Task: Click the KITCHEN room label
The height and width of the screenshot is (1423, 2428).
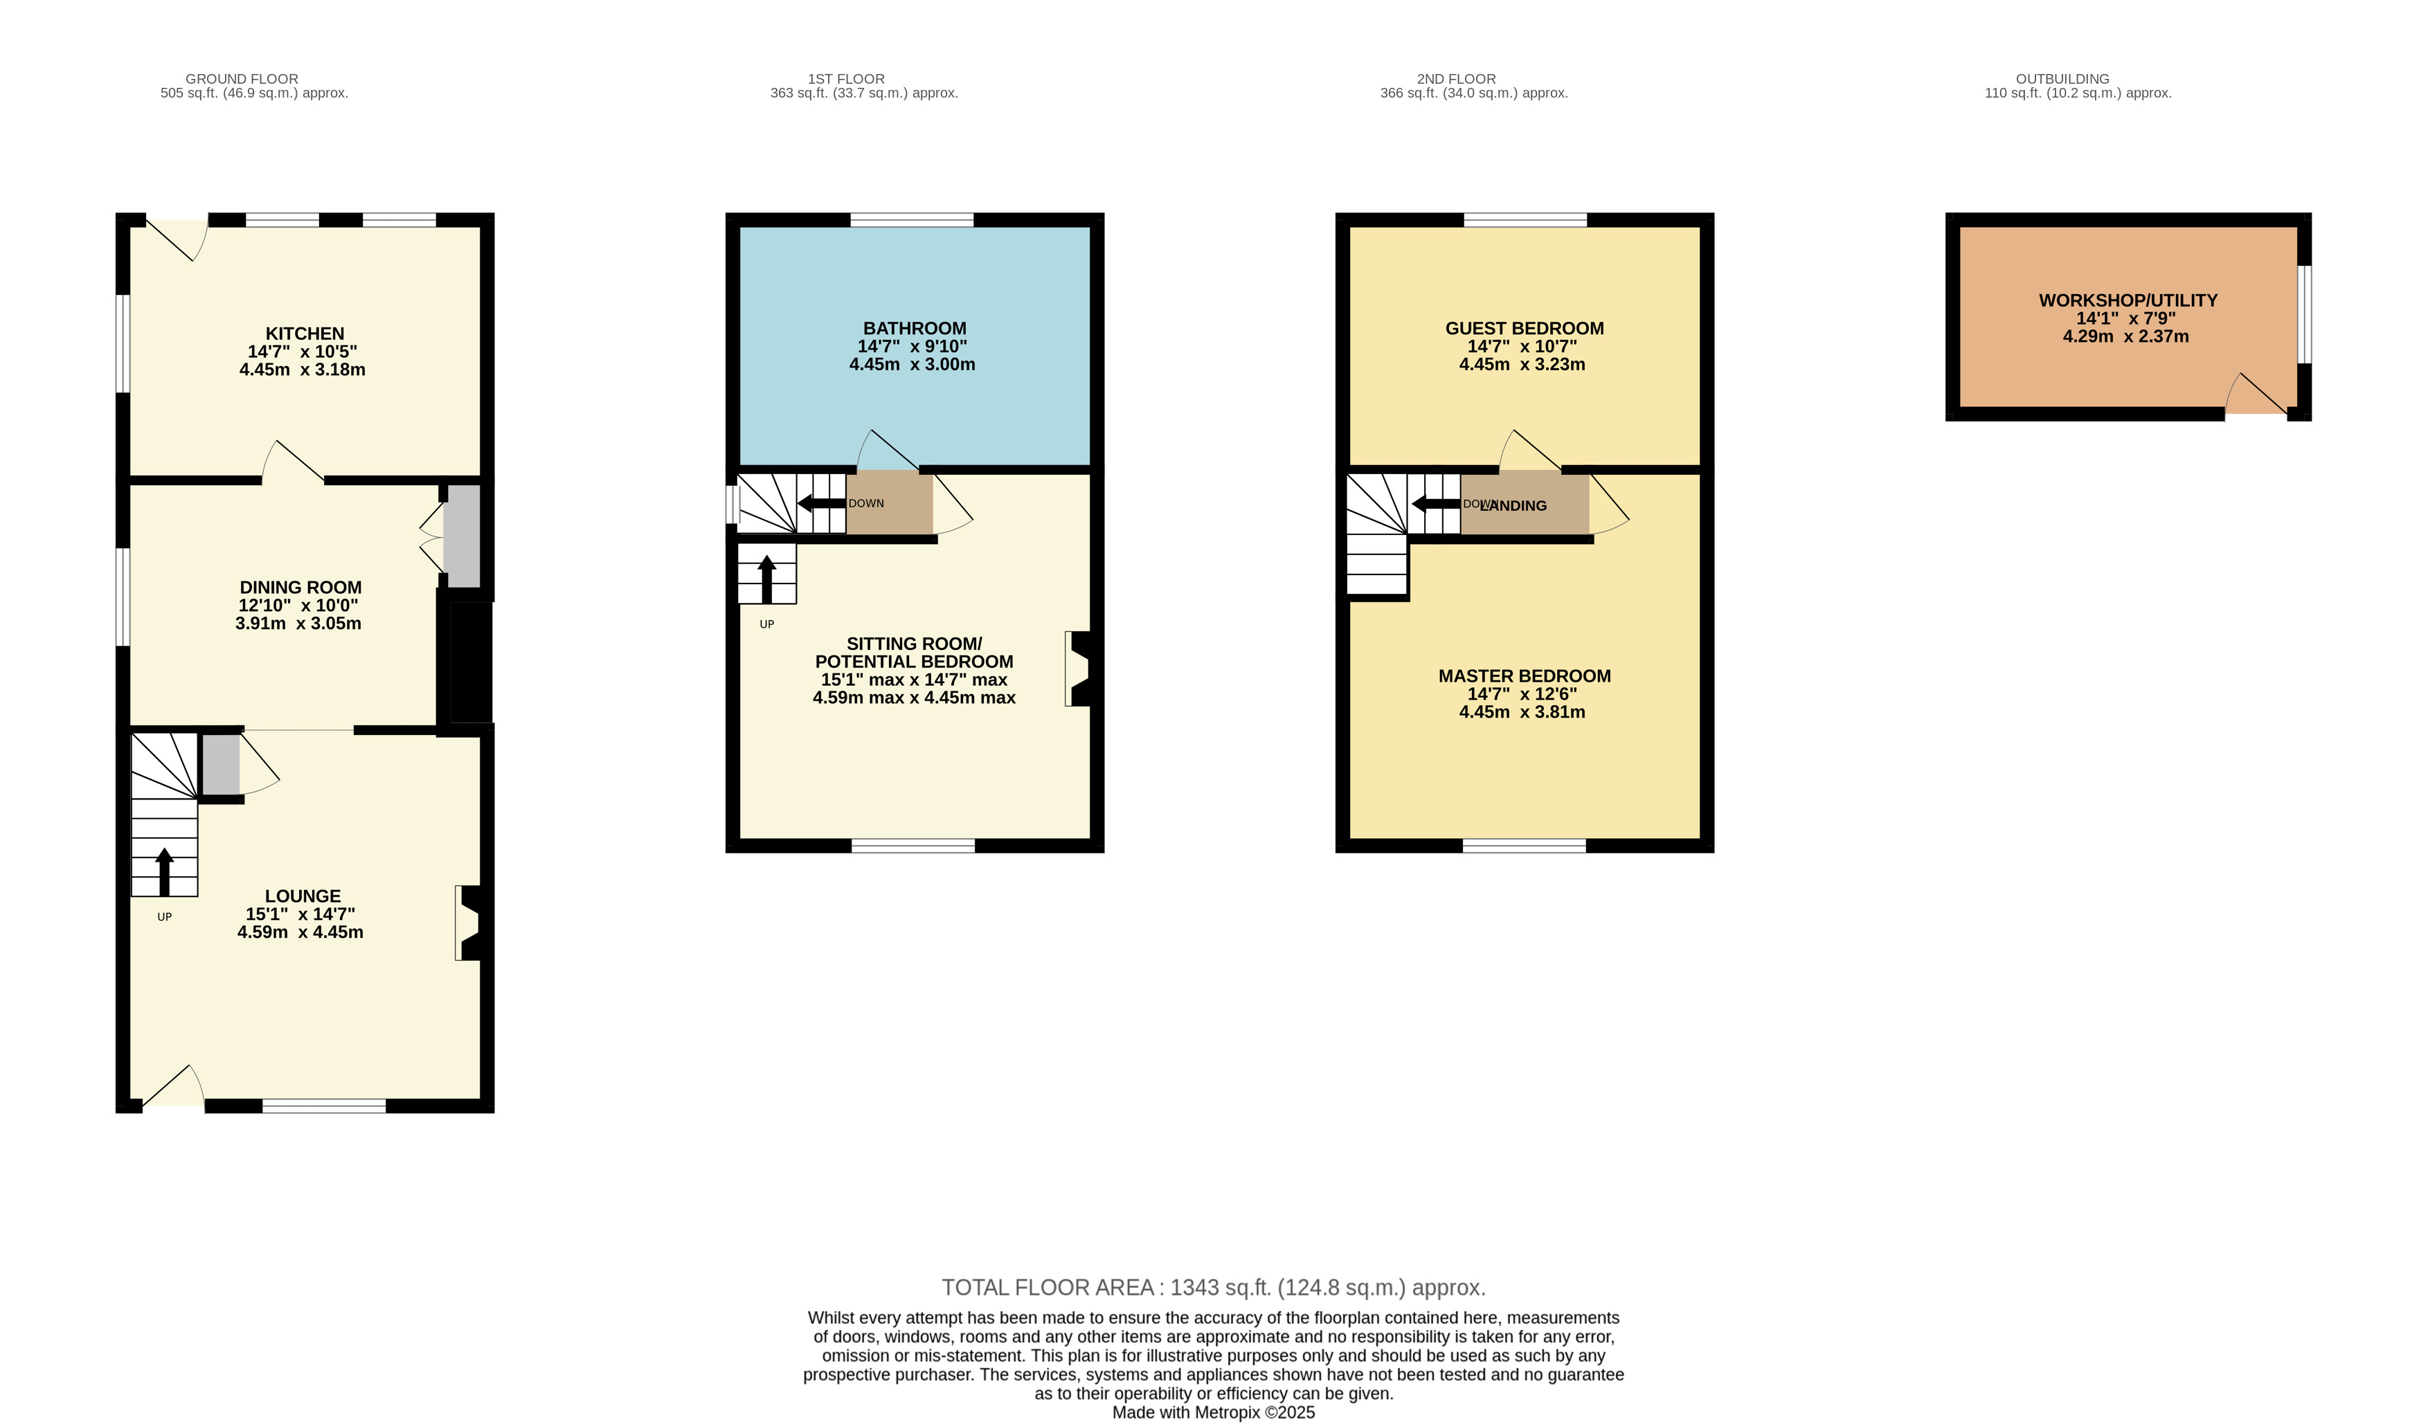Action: (x=305, y=334)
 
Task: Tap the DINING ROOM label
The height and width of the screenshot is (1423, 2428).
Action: (x=300, y=588)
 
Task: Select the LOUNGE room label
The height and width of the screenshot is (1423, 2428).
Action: (x=303, y=896)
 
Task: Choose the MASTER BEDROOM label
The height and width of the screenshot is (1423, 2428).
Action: (x=1525, y=676)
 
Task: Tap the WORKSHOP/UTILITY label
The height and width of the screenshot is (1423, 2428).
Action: (x=2128, y=300)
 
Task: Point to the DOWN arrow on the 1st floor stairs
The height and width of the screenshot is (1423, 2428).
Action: (x=821, y=503)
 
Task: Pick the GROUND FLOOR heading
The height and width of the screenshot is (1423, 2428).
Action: (x=242, y=79)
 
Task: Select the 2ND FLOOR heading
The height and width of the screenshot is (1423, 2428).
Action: (x=1456, y=79)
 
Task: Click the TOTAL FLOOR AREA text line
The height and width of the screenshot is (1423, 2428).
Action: (x=1213, y=1287)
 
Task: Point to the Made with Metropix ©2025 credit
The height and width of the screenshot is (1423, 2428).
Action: (x=1213, y=1413)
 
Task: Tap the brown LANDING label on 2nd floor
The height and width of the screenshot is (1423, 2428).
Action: (x=1513, y=506)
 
